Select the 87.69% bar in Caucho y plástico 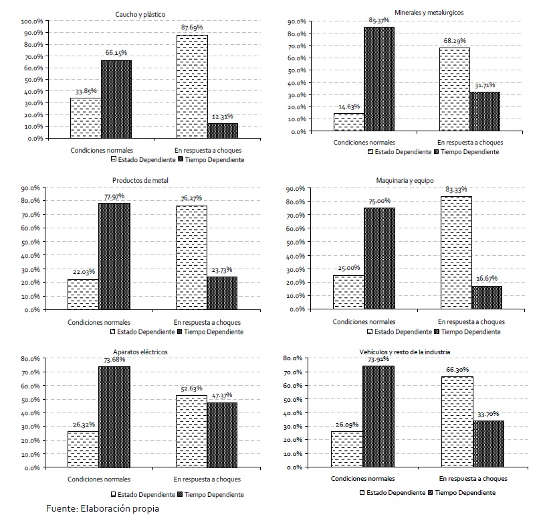(x=192, y=86)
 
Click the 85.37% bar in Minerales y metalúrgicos (x=379, y=78)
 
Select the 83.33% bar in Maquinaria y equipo (x=455, y=252)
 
